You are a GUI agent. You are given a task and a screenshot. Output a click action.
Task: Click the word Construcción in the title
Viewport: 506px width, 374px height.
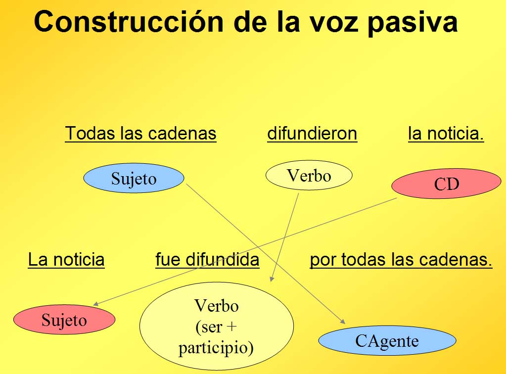129,22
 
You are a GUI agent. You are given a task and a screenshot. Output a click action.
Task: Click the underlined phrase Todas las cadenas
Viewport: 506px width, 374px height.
140,134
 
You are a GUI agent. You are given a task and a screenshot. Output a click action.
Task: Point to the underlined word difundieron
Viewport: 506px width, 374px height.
312,134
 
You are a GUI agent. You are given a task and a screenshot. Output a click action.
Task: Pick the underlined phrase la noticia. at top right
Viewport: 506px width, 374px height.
446,134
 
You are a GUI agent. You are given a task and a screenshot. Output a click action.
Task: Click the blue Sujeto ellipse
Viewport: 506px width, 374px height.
134,178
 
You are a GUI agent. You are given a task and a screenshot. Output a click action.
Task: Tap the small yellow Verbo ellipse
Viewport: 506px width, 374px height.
309,175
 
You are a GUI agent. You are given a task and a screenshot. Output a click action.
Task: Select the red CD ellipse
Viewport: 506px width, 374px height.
446,183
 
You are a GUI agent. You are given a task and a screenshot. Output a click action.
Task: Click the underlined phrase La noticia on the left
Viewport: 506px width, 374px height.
66,260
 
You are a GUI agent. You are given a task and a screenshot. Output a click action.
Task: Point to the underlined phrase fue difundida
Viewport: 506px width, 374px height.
207,260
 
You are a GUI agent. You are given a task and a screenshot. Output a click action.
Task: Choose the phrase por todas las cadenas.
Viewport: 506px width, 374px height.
401,260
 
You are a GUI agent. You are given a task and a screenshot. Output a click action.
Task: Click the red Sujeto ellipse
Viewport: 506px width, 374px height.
64,320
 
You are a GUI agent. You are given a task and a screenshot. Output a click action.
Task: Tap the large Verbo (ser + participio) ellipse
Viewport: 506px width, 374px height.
217,326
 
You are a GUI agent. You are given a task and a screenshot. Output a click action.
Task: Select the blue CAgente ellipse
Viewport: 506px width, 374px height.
387,340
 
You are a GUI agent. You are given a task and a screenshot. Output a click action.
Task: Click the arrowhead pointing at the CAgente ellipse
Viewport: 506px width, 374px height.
343,322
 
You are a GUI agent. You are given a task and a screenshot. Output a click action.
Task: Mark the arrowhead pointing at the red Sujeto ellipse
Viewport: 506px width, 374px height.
95,304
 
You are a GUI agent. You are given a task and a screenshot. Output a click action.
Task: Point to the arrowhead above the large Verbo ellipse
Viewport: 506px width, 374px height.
272,279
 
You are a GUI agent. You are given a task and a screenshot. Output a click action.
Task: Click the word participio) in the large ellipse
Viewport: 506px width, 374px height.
216,348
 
